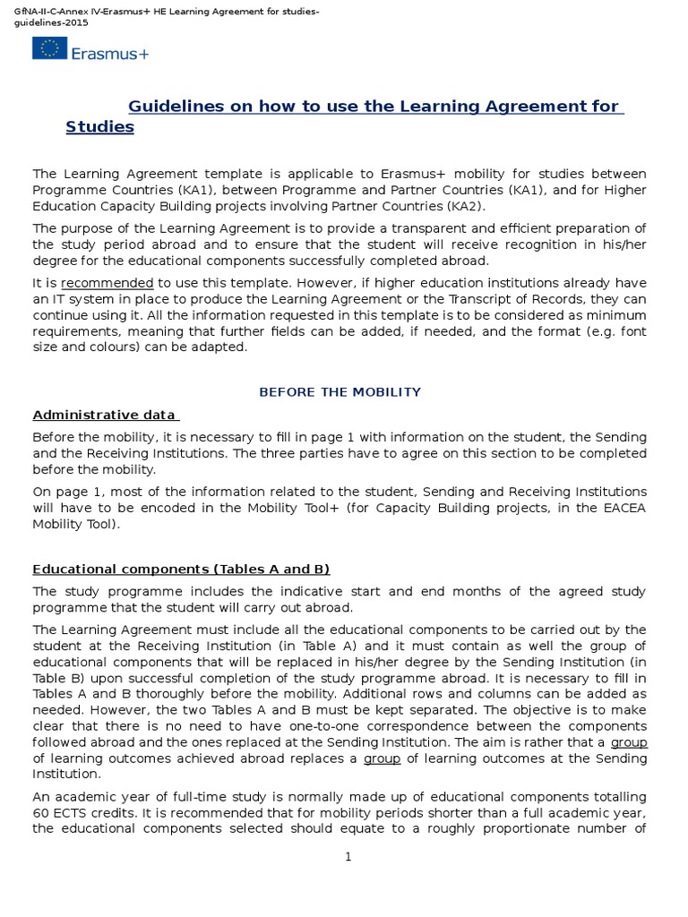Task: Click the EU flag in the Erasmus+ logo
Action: (55, 47)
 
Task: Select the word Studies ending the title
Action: (99, 127)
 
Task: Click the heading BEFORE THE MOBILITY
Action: (340, 392)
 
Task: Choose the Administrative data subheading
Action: (105, 415)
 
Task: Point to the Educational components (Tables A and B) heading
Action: (181, 570)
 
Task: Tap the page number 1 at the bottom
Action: (348, 858)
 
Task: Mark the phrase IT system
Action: (85, 299)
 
